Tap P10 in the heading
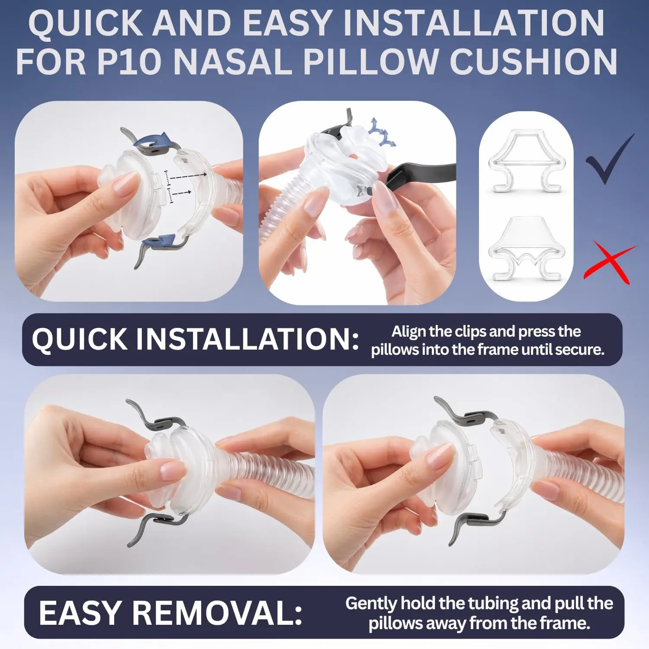pyautogui.click(x=129, y=61)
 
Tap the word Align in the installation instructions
pyautogui.click(x=409, y=331)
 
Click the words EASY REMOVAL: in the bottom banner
pyautogui.click(x=170, y=613)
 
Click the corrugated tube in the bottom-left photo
pyautogui.click(x=268, y=474)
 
